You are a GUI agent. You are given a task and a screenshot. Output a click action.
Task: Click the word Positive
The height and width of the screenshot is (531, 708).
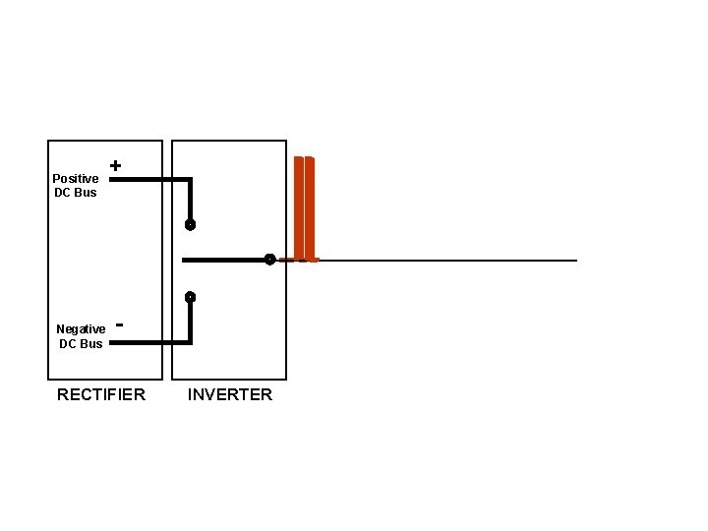[x=76, y=179]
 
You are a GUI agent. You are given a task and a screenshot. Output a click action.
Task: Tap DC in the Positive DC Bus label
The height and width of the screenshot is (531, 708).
[x=63, y=193]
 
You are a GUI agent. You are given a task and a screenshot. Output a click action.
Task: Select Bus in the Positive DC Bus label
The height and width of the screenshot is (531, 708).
[x=86, y=193]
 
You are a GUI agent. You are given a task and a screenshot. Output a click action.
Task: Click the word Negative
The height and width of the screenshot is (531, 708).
[x=81, y=329]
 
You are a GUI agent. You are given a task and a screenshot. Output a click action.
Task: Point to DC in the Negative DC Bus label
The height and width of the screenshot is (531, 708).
[x=68, y=343]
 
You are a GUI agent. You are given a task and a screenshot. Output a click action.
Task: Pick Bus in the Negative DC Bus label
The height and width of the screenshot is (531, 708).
[x=91, y=343]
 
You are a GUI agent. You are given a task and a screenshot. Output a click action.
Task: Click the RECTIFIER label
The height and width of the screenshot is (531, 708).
[x=101, y=394]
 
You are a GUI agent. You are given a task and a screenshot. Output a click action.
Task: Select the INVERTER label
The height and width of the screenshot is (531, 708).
[x=230, y=394]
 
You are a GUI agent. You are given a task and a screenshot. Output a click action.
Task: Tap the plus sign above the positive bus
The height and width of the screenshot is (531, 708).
[x=116, y=166]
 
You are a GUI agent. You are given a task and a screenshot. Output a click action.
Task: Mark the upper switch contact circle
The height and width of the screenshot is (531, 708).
[x=190, y=225]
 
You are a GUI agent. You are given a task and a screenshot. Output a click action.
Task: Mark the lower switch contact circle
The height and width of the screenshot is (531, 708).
[x=190, y=297]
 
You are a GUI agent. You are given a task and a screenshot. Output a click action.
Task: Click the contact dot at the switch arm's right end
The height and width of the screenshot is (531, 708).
[x=268, y=261]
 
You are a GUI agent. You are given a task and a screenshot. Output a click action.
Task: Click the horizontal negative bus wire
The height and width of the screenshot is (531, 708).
[x=147, y=343]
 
